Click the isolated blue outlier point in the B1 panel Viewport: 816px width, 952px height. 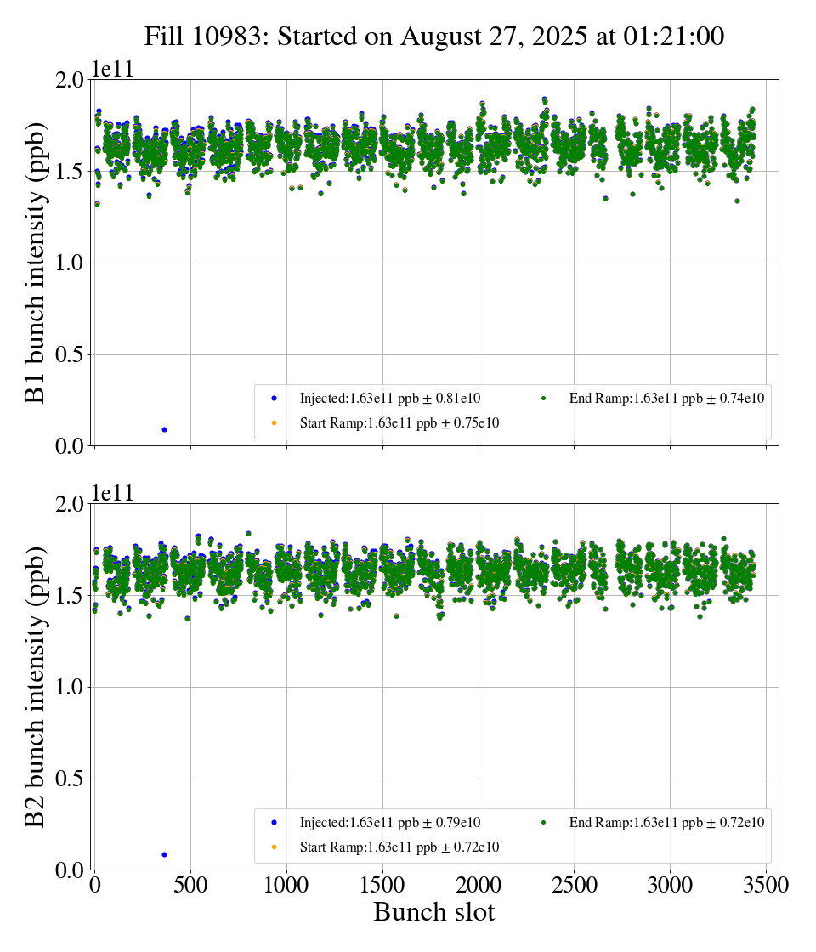tap(164, 429)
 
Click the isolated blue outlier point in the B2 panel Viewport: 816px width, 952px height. tap(164, 854)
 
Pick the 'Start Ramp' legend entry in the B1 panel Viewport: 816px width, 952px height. tap(399, 422)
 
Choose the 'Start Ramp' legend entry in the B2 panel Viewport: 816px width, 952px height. tap(399, 847)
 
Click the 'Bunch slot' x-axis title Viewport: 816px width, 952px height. tap(433, 912)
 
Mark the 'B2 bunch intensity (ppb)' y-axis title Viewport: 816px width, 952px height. tap(35, 687)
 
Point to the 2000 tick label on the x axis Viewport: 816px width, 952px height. tap(479, 885)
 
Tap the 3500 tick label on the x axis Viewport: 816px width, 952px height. tap(767, 885)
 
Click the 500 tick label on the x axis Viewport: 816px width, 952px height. tap(190, 885)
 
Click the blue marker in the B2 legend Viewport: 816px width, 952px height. tap(274, 823)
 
